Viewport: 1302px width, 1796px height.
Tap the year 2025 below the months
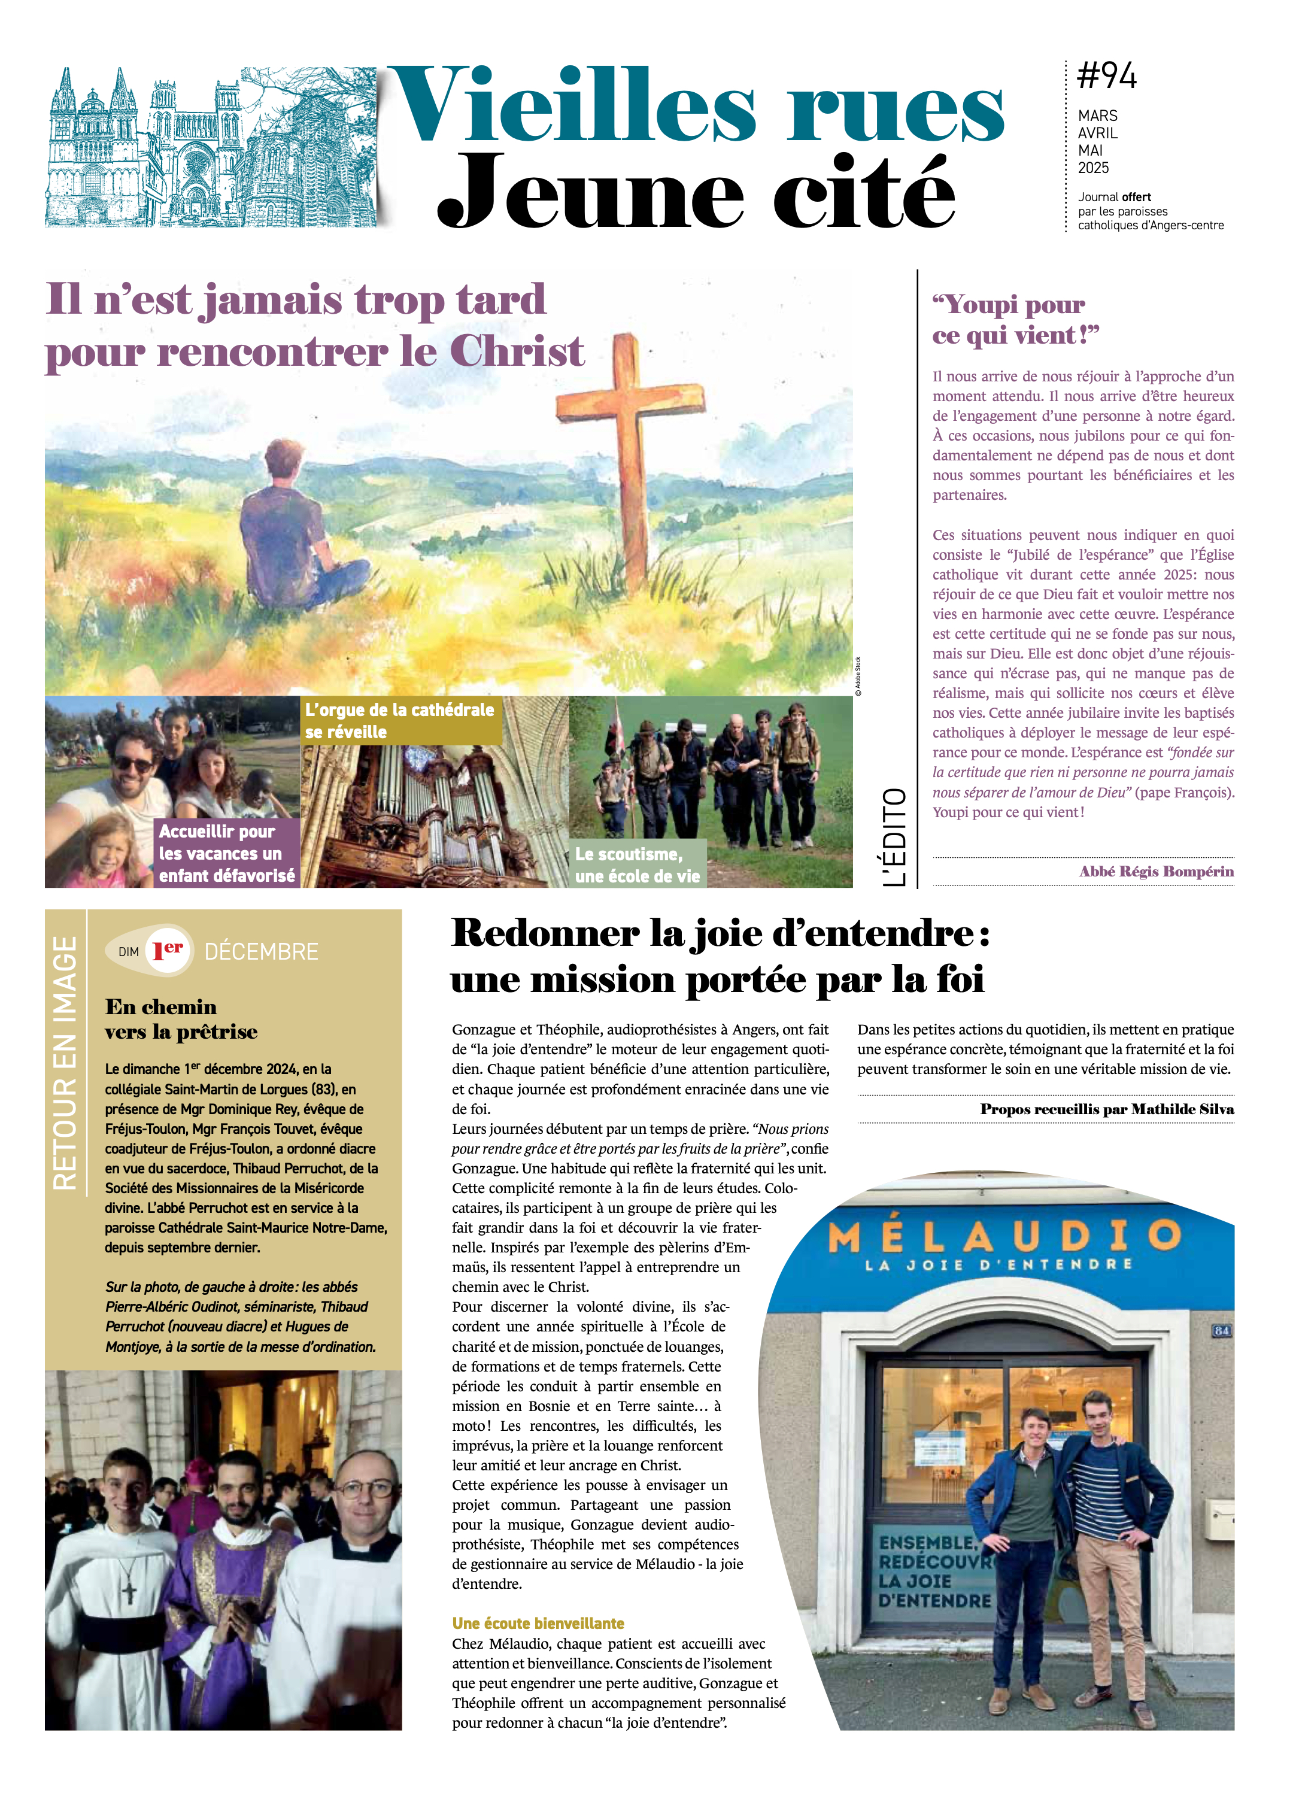pos(1093,168)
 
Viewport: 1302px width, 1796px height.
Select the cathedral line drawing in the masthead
pos(210,148)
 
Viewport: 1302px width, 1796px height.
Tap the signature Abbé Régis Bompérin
pos(1155,871)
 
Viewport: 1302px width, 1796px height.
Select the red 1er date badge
pos(168,949)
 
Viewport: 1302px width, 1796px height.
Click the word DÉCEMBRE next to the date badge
pos(262,951)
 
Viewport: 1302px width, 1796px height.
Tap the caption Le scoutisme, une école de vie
pos(637,864)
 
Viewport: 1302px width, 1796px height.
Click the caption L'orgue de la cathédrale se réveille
pos(400,721)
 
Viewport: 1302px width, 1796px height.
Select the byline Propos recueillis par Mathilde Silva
pos(1106,1109)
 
